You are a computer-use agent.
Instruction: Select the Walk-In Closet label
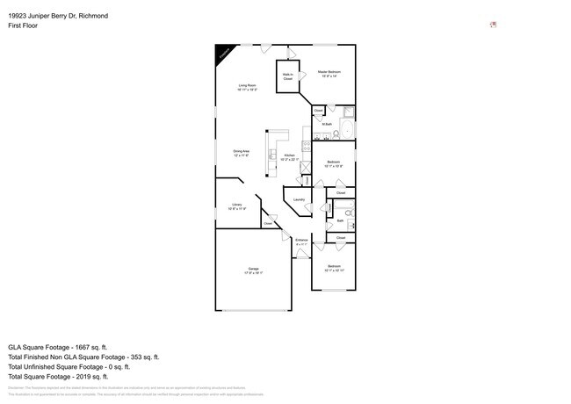(287, 76)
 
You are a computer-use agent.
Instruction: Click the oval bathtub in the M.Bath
(345, 133)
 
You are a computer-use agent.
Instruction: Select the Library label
(236, 206)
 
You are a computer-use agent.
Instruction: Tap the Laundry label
(299, 199)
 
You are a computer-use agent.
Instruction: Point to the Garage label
(253, 271)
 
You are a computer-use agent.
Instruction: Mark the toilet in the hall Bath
(348, 212)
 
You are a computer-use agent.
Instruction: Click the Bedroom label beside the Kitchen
(334, 162)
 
